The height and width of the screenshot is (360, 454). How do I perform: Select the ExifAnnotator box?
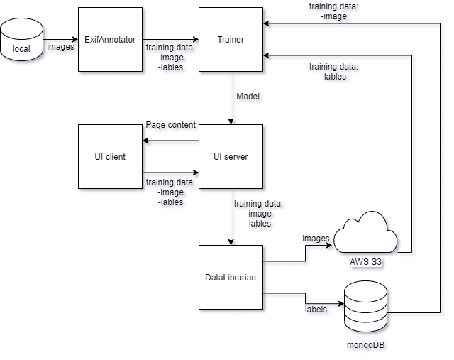click(110, 39)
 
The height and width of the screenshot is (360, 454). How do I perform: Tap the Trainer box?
click(231, 39)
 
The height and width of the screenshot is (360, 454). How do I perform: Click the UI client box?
click(110, 156)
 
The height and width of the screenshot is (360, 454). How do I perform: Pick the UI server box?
click(231, 156)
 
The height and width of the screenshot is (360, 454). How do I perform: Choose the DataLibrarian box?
click(231, 277)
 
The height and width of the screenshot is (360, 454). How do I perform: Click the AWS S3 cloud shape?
click(365, 234)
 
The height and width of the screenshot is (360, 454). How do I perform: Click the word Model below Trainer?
click(248, 96)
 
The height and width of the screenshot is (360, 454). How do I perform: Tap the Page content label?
click(170, 125)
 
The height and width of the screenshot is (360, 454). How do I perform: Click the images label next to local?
click(60, 48)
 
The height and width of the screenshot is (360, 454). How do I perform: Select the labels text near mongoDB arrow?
click(315, 310)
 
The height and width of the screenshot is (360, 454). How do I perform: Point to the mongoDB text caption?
click(365, 344)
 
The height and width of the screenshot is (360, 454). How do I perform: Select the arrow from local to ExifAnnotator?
click(61, 39)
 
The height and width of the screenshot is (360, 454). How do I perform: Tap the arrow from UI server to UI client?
click(170, 141)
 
